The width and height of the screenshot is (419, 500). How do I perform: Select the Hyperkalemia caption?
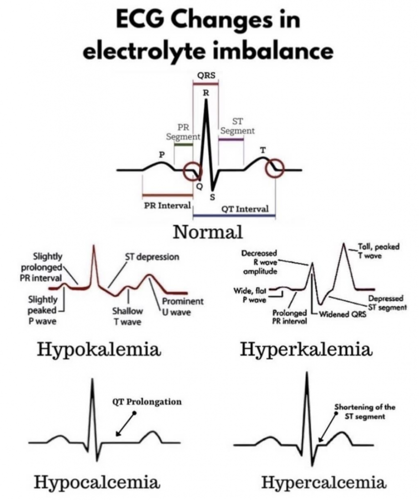pos(306,350)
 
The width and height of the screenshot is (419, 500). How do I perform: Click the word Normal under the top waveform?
pos(208,232)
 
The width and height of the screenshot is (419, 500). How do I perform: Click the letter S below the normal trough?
pos(212,197)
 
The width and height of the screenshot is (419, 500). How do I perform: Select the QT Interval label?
pos(245,209)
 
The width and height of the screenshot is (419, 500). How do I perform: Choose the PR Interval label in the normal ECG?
pos(167,206)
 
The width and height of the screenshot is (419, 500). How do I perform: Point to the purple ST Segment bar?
pos(231,140)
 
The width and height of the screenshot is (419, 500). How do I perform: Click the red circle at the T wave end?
pos(274,168)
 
